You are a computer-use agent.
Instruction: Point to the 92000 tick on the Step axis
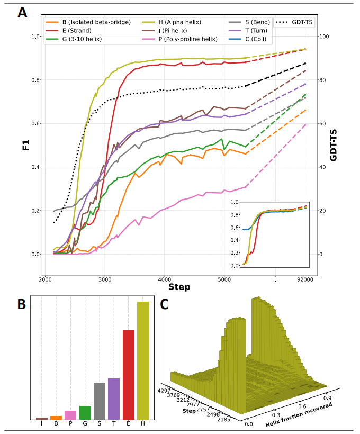coord(305,279)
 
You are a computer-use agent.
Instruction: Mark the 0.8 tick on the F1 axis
coord(35,80)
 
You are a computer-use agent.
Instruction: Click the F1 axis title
coord(25,145)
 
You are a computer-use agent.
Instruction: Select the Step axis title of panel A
coord(179,287)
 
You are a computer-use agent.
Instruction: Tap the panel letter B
coord(22,304)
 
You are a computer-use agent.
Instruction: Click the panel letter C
coord(165,304)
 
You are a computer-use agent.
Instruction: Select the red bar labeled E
coord(128,375)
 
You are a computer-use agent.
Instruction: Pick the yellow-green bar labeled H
coord(142,360)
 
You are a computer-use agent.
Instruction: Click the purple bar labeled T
coord(113,399)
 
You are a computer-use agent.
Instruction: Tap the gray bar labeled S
coord(100,401)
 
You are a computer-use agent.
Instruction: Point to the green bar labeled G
coord(85,413)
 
